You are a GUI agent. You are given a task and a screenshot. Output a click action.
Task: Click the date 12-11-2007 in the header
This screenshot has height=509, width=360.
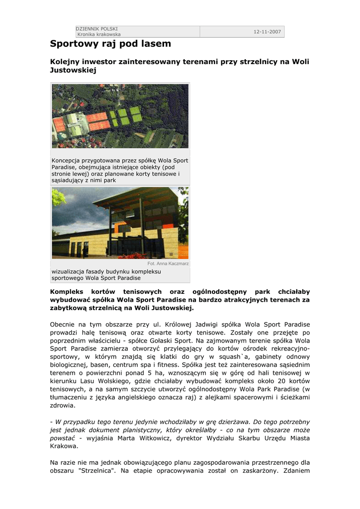point(267,32)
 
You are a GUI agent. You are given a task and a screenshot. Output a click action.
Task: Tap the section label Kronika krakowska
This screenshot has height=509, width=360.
point(99,34)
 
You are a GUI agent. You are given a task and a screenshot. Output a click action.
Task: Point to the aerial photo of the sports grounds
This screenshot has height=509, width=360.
point(120,116)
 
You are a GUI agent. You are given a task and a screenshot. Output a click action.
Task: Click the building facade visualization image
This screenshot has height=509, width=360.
point(120,223)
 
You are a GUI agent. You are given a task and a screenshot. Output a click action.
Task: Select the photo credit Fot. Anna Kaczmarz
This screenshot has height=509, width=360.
point(168,263)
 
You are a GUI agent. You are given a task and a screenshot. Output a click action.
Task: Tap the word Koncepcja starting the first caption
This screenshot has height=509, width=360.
point(67,161)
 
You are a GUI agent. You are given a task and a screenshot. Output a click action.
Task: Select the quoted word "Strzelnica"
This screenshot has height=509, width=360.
point(99,470)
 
